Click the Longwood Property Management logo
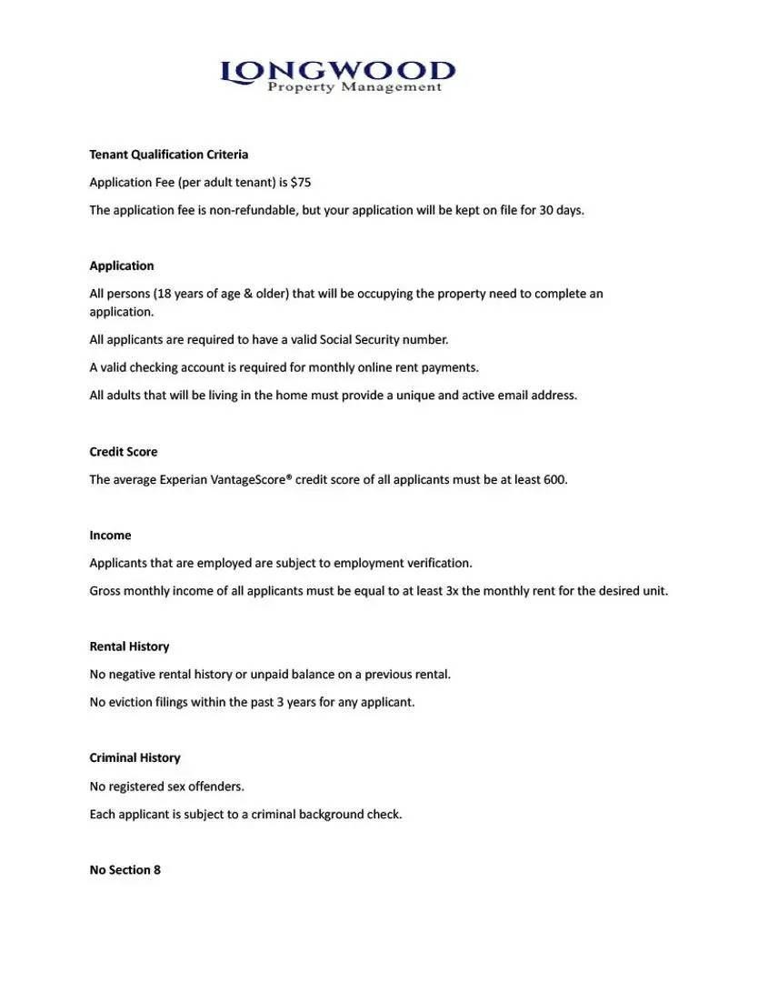coord(337,75)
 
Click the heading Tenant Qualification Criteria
coord(168,155)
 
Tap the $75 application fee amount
coord(301,183)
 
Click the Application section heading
coord(122,266)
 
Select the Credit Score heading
coord(123,452)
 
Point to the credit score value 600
coord(554,479)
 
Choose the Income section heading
coord(110,536)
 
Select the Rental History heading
coord(129,646)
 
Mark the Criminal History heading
coord(135,758)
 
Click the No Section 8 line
coord(125,870)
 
